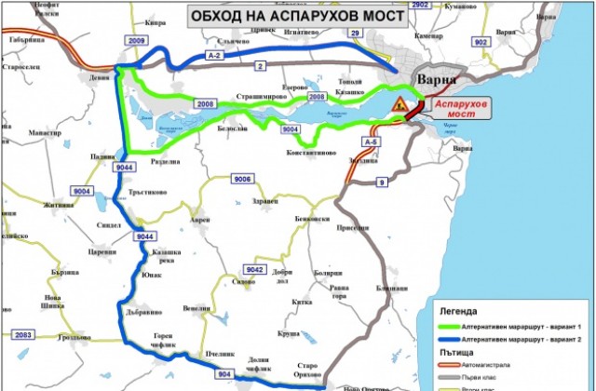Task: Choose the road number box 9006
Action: pos(243,179)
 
